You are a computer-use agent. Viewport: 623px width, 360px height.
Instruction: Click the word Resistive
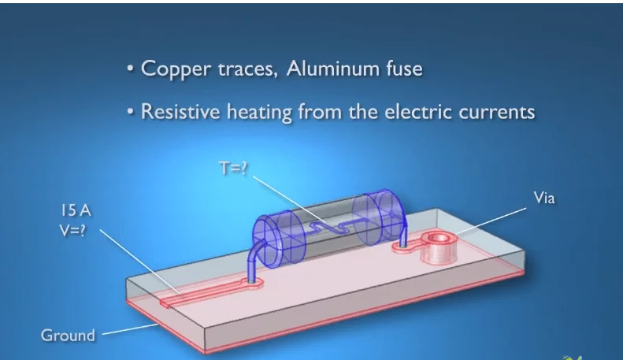[x=178, y=112]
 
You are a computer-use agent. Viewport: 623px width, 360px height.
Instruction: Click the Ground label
[x=68, y=335]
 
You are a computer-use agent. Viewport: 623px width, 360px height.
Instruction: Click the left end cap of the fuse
[x=270, y=233]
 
